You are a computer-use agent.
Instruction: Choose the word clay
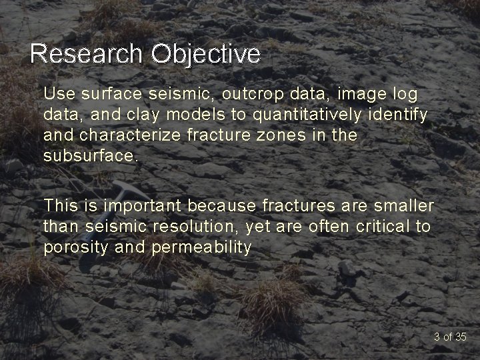click(142, 114)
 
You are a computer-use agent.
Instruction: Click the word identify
click(400, 114)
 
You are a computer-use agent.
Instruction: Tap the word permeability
click(202, 248)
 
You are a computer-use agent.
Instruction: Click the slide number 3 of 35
click(450, 337)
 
